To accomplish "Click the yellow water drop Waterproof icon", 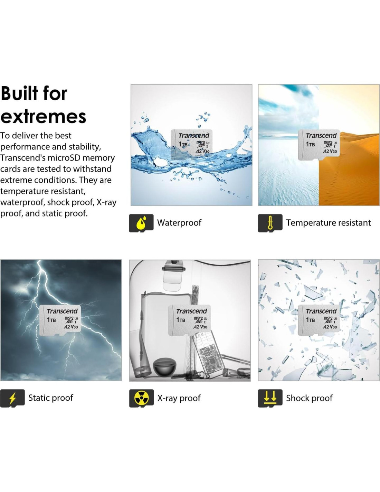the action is [x=141, y=223].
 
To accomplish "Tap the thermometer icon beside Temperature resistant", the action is [x=270, y=223].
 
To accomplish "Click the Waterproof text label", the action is [x=179, y=222].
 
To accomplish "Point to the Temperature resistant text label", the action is [x=328, y=222].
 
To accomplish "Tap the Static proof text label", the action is [x=51, y=398].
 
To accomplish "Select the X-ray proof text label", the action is [x=179, y=398].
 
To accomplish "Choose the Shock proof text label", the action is [x=309, y=398].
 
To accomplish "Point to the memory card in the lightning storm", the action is [x=60, y=320].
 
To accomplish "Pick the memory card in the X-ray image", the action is [x=189, y=320].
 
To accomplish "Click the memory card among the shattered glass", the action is [x=319, y=320].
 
